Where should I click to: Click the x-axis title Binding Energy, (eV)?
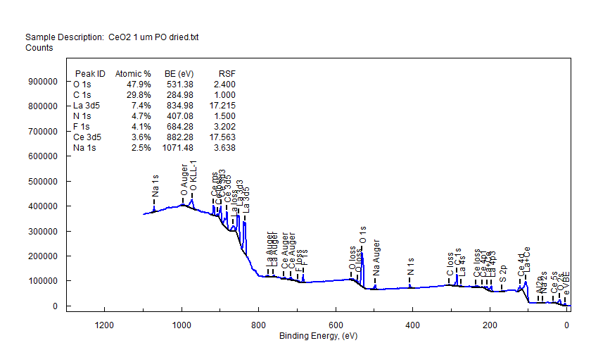318,336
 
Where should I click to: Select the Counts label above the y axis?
39,48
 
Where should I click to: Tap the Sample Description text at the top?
112,37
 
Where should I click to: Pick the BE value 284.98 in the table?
179,95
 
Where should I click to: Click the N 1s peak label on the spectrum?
410,267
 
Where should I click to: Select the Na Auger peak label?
376,259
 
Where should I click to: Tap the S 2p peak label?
502,275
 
